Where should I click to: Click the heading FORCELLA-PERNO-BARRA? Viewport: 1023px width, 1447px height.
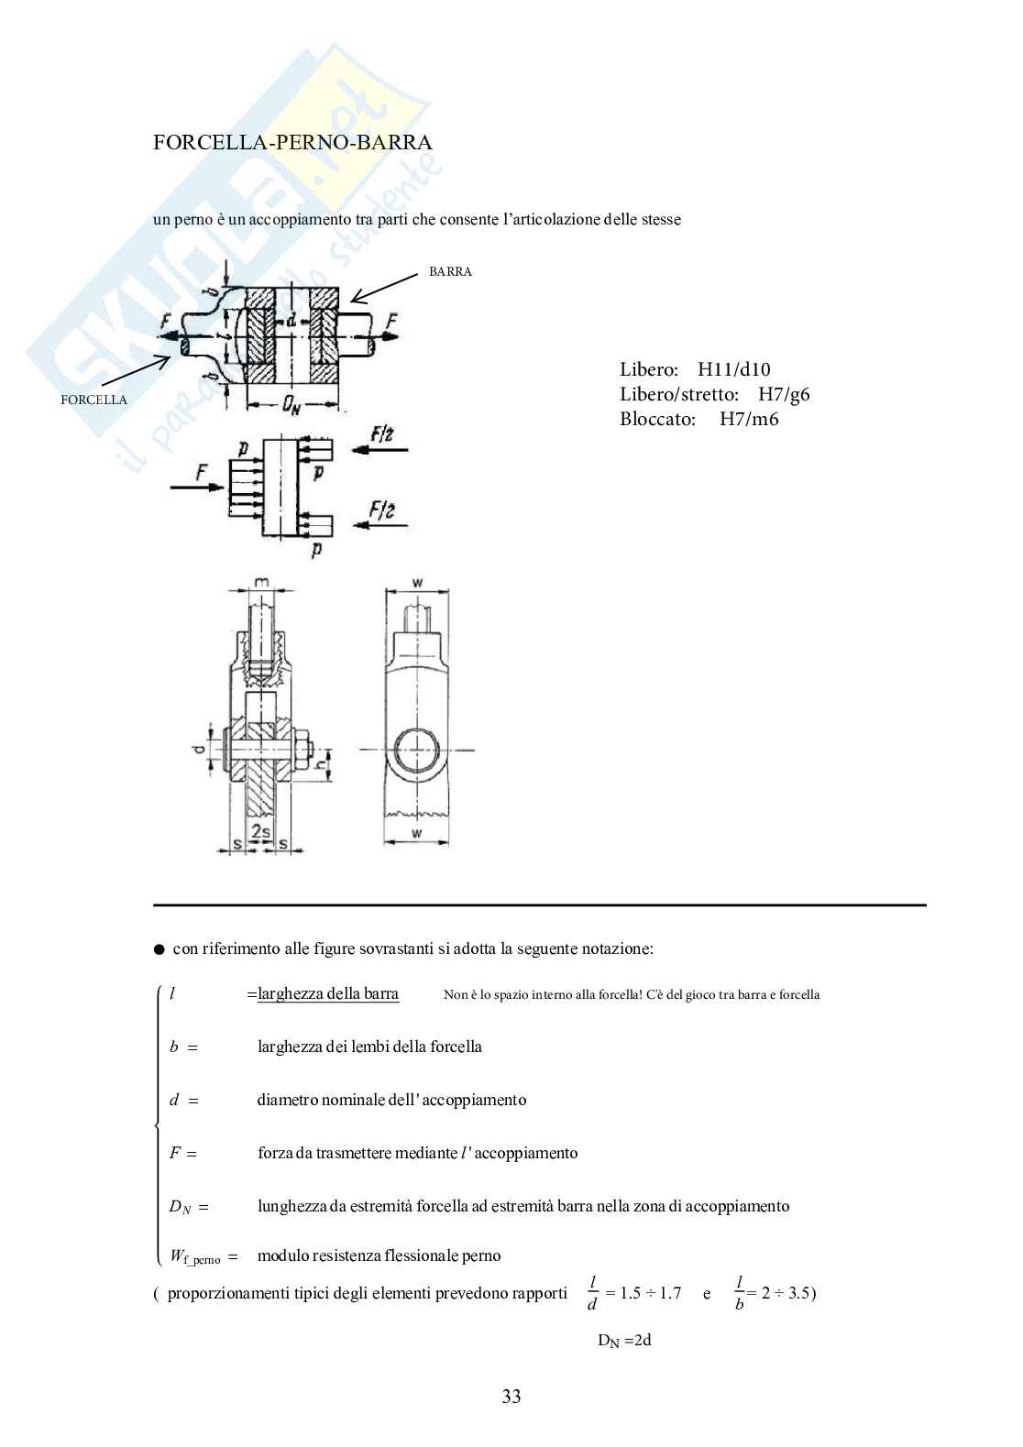[x=293, y=142]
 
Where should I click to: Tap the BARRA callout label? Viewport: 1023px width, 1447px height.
[x=450, y=272]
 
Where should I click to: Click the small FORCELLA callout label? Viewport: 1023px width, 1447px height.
[x=93, y=400]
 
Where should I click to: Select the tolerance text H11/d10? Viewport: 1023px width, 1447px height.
[x=734, y=370]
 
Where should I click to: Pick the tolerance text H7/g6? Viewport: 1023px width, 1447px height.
[x=784, y=395]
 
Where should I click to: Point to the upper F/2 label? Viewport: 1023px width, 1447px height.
[x=382, y=432]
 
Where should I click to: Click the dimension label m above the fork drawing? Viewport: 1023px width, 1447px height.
[x=262, y=584]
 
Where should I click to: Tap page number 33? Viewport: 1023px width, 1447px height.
[x=511, y=1397]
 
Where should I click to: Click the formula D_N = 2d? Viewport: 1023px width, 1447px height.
[x=624, y=1341]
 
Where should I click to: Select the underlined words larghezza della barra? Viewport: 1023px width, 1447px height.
[x=328, y=994]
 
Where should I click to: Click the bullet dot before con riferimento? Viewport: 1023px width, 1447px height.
[x=159, y=949]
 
